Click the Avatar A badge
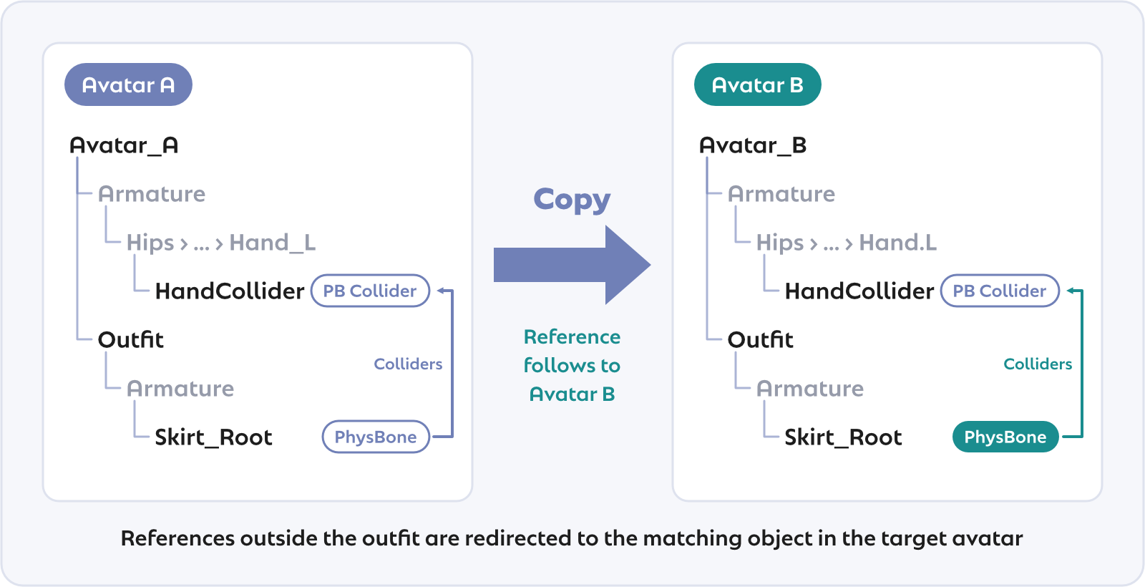[x=128, y=84]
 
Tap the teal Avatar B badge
[x=758, y=84]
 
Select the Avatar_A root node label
[x=124, y=146]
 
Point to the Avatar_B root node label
[x=753, y=146]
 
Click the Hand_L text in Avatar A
[x=273, y=243]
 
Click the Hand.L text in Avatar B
[x=898, y=243]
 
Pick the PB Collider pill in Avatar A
[x=370, y=291]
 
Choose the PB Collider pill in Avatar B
[x=1000, y=291]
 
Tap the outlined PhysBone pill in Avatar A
[x=376, y=437]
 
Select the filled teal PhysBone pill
[x=1005, y=437]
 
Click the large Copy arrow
[x=572, y=265]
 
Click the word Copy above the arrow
[x=572, y=200]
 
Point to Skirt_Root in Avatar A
[x=214, y=437]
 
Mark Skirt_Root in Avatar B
[x=844, y=437]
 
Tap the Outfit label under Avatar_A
[x=131, y=339]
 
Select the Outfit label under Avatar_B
[x=761, y=339]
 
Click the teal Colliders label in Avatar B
[x=1038, y=364]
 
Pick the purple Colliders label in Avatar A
[x=408, y=364]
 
